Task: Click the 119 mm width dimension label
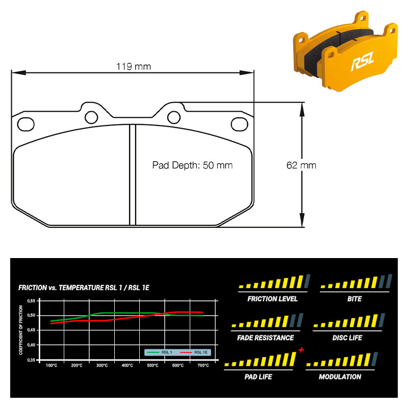[134, 67]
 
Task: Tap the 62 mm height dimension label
[301, 165]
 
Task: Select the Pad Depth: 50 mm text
[192, 165]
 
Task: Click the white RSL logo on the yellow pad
[363, 61]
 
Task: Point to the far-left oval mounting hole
[26, 124]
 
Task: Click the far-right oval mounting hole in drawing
[239, 124]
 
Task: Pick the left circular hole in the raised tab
[91, 117]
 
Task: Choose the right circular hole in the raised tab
[174, 117]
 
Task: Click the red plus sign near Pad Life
[301, 350]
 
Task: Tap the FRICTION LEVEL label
[272, 299]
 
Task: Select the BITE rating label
[354, 299]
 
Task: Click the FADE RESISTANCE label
[265, 338]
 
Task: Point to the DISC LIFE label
[347, 338]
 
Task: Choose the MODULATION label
[340, 377]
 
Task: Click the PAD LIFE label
[258, 377]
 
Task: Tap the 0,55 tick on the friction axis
[31, 301]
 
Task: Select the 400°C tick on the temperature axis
[127, 365]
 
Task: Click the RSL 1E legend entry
[194, 352]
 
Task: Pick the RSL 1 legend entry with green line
[160, 352]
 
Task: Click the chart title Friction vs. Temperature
[84, 288]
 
